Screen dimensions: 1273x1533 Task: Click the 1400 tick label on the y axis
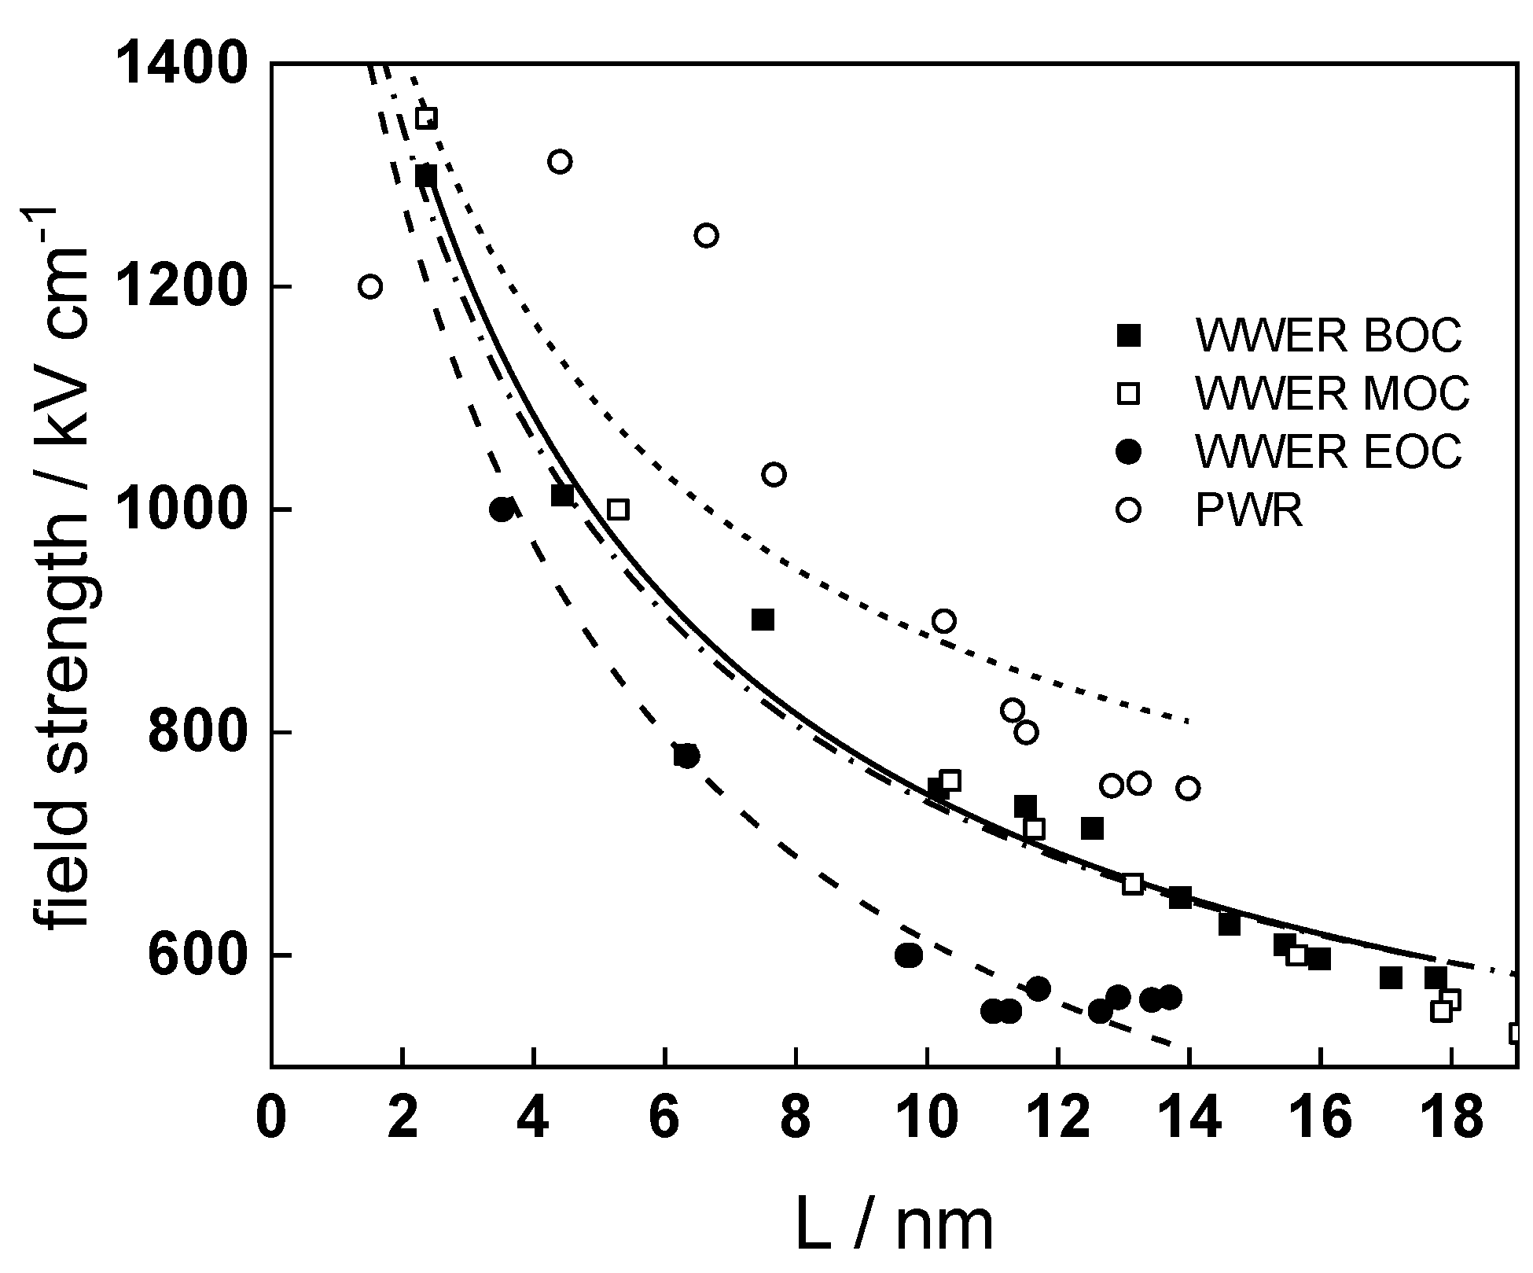(x=182, y=64)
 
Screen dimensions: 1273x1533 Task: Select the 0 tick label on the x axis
(x=271, y=1117)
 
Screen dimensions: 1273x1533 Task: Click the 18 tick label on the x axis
(x=1451, y=1117)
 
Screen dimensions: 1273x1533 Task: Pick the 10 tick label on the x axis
(x=927, y=1117)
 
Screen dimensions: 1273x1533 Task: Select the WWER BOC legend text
(x=1328, y=336)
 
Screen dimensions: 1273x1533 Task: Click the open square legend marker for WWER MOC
(x=1129, y=392)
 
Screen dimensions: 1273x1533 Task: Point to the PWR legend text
(x=1248, y=510)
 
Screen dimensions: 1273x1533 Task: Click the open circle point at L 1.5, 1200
(x=370, y=287)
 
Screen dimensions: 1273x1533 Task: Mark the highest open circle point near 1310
(x=560, y=162)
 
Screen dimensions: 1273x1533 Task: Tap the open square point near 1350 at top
(x=426, y=119)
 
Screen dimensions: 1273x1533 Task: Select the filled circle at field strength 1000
(x=502, y=510)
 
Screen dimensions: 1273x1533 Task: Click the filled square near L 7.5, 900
(x=763, y=620)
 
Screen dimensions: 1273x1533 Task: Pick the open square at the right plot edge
(x=1518, y=1033)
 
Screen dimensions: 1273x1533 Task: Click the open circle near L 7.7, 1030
(x=774, y=475)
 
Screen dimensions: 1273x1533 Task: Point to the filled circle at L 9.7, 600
(x=909, y=955)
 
